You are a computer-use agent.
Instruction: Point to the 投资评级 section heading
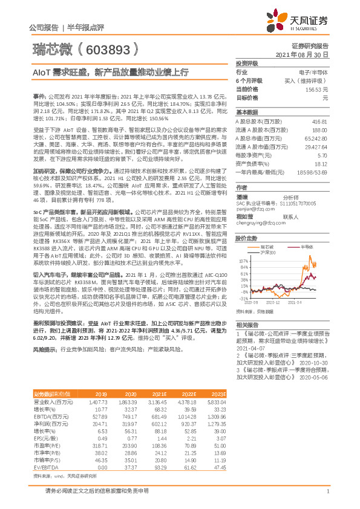[x=247, y=63]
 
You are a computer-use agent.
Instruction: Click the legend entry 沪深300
[x=267, y=252]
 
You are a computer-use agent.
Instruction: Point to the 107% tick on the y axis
[x=243, y=258]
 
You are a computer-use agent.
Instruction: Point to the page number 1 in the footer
[x=327, y=499]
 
